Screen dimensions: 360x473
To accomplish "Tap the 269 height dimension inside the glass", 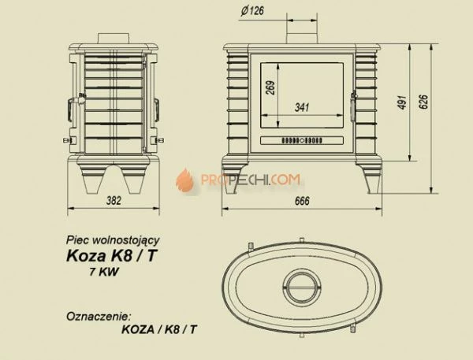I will click(270, 88).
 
